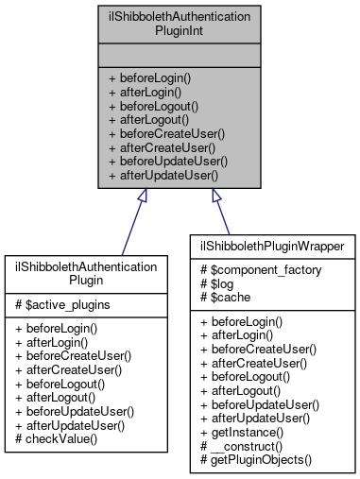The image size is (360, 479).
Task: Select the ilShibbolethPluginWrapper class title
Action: (x=271, y=248)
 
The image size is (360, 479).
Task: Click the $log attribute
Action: (x=214, y=282)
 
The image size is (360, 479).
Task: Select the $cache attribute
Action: (x=222, y=296)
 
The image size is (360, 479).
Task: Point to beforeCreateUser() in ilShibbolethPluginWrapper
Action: (x=255, y=350)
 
